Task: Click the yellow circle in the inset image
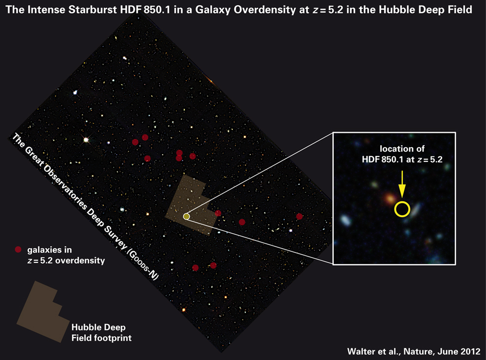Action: click(x=402, y=216)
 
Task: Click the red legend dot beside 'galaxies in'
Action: click(x=18, y=250)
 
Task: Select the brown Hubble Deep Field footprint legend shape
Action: click(x=43, y=311)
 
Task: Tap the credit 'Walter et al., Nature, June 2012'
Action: click(x=414, y=351)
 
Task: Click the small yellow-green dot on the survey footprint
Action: click(x=186, y=216)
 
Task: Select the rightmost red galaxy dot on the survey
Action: click(x=299, y=216)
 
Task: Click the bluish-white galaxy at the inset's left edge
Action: click(x=345, y=220)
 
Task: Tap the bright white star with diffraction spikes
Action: click(x=86, y=140)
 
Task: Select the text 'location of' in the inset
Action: click(x=402, y=149)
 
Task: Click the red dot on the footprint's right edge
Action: click(x=218, y=213)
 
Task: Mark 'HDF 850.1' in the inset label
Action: click(x=381, y=159)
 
